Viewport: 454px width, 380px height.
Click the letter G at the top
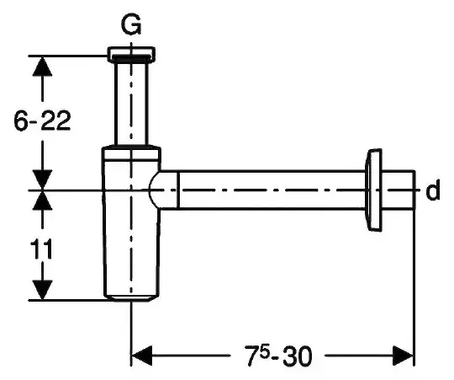(131, 24)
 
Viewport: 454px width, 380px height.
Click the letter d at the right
(433, 190)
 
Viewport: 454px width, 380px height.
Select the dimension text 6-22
(42, 121)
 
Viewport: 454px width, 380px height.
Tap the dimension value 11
(42, 249)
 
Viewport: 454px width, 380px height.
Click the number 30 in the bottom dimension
(298, 356)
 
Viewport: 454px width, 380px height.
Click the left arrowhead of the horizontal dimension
(142, 355)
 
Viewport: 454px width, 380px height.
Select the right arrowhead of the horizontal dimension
(403, 355)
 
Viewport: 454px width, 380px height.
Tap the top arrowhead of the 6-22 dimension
(43, 66)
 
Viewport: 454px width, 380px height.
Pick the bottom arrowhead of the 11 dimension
(43, 290)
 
